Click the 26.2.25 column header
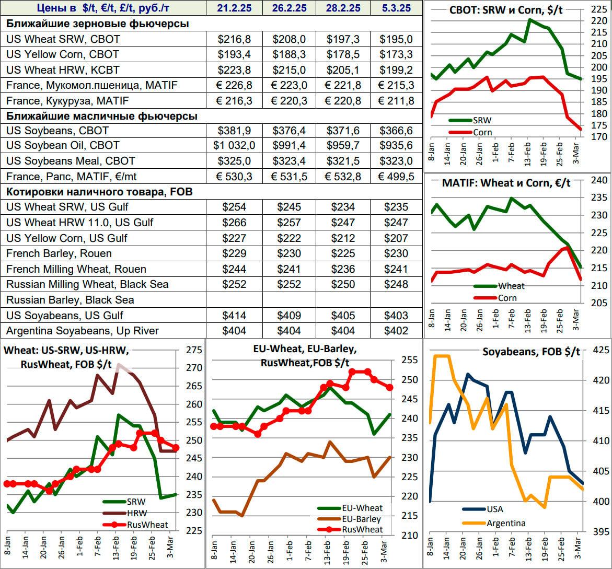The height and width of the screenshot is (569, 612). (288, 8)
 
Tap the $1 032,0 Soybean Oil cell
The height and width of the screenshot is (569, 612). (234, 146)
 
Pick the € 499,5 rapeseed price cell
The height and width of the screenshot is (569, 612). (396, 177)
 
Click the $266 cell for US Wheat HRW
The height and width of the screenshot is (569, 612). (234, 223)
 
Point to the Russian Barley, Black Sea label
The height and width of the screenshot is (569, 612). (70, 300)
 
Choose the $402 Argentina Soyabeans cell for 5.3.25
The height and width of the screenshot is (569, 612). (396, 331)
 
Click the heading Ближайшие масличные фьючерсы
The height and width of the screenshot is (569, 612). (102, 116)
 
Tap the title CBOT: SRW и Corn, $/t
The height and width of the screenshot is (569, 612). (506, 10)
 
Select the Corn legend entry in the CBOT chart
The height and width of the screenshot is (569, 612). (482, 132)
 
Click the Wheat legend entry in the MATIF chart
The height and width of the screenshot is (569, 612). (511, 286)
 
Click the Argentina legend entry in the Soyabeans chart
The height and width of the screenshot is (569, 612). (505, 523)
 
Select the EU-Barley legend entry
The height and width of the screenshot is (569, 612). (361, 519)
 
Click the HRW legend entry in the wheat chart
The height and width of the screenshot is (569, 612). (136, 513)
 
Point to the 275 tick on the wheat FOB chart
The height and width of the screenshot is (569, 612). (194, 350)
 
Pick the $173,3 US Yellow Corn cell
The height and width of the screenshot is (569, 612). (396, 54)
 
